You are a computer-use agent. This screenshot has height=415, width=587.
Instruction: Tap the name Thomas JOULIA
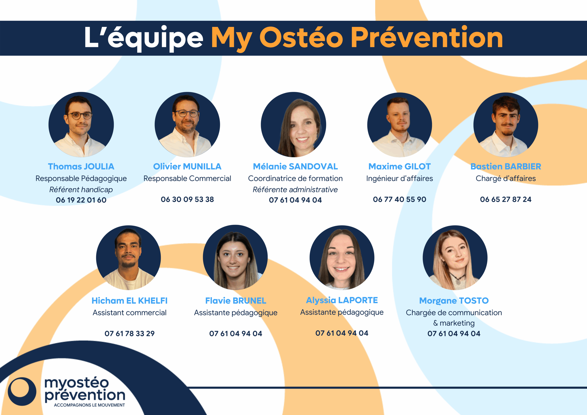pos(81,167)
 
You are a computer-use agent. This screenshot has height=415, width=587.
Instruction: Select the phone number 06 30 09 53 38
pos(187,199)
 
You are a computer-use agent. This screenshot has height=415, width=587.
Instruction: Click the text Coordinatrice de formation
pos(295,179)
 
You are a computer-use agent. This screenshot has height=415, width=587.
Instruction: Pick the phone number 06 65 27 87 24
pos(505,199)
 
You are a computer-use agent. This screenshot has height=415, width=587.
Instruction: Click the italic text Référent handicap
pos(81,190)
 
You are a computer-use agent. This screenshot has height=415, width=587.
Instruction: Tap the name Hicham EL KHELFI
pos(129,301)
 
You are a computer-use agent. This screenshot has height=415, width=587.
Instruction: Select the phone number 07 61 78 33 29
pos(129,333)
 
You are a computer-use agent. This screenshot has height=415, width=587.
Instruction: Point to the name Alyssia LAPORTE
pos(342,300)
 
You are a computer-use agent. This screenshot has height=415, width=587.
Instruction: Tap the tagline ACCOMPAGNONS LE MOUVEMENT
pos(89,405)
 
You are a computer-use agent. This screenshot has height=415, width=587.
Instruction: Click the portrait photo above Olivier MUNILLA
pos(187,125)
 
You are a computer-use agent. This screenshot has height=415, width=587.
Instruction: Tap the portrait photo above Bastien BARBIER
pos(505,125)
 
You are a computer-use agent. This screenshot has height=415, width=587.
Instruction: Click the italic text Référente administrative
pos(295,190)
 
